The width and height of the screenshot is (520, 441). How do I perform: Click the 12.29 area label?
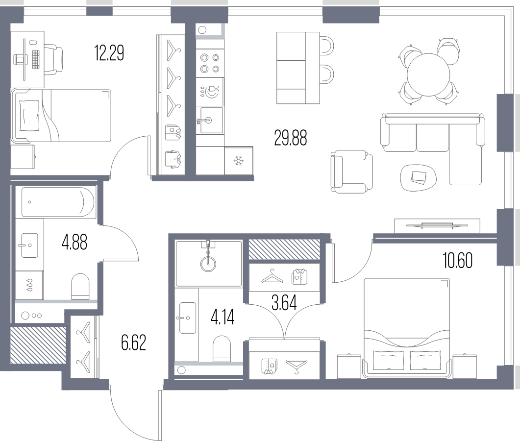click(109, 53)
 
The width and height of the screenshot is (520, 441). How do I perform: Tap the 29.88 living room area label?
click(291, 138)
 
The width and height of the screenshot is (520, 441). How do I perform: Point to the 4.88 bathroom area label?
click(74, 242)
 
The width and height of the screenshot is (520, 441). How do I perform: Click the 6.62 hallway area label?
click(134, 343)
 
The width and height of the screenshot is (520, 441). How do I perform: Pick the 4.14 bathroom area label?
click(223, 317)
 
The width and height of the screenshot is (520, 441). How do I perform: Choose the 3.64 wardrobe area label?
click(284, 302)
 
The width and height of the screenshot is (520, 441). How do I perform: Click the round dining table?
click(428, 74)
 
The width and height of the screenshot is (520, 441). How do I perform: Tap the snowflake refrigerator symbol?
click(239, 161)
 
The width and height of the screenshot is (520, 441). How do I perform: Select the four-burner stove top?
click(210, 63)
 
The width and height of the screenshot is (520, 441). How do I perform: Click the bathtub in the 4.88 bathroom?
click(58, 202)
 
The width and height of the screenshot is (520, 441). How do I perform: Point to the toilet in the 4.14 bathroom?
click(222, 348)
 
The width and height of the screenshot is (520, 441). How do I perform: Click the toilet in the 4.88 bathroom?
click(80, 286)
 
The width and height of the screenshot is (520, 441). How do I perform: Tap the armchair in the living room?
click(351, 171)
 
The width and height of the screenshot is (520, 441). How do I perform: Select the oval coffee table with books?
click(418, 177)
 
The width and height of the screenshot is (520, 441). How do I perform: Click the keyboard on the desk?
click(36, 59)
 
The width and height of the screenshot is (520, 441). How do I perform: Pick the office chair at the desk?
click(53, 60)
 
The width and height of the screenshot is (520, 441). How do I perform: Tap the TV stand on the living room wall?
click(437, 226)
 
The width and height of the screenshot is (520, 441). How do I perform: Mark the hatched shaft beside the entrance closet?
click(38, 345)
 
